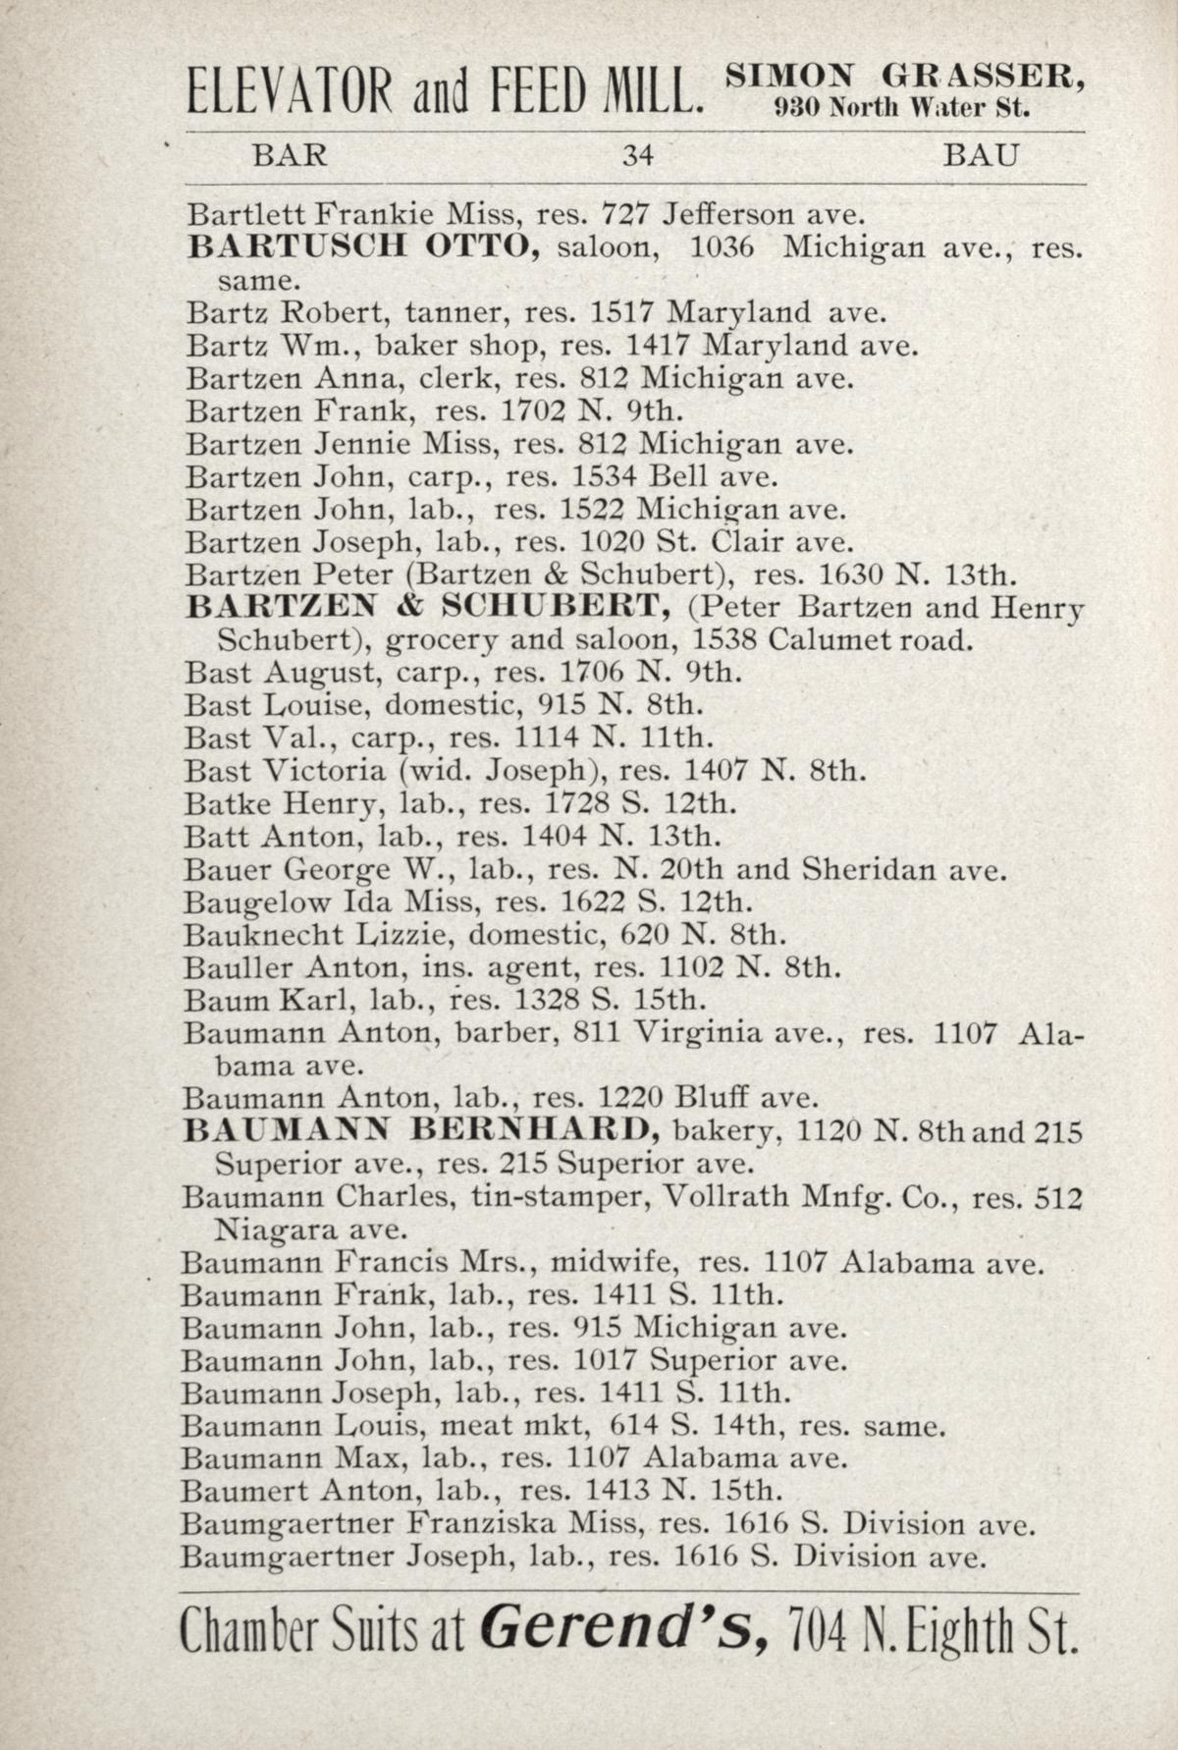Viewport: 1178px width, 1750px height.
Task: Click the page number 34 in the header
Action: pos(637,156)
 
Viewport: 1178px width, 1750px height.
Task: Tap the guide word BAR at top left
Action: pos(290,156)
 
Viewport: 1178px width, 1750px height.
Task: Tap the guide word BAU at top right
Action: pos(981,156)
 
